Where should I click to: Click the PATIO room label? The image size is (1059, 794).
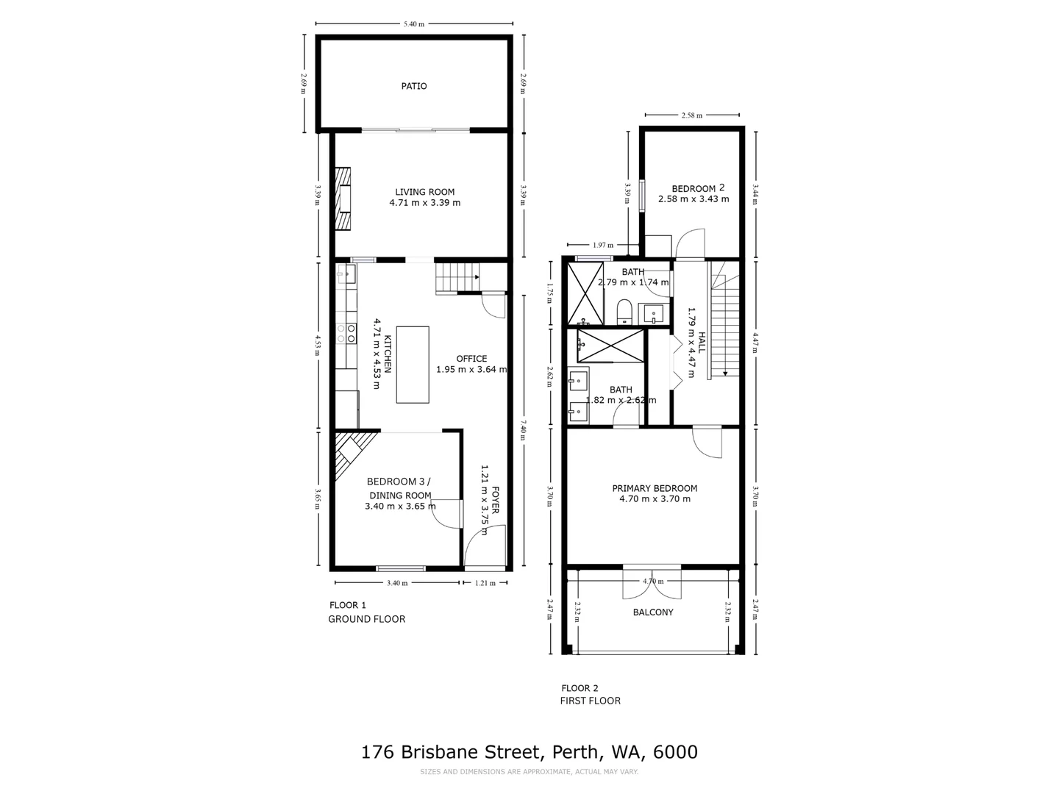click(x=413, y=86)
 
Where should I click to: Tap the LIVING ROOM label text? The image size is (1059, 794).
click(x=424, y=192)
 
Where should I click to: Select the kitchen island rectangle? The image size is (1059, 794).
click(x=413, y=365)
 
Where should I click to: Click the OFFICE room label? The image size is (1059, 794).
click(x=471, y=359)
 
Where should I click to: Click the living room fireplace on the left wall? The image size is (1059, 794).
click(x=343, y=199)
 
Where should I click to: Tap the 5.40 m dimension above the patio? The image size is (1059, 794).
click(x=414, y=24)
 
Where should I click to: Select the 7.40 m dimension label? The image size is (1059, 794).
click(x=523, y=431)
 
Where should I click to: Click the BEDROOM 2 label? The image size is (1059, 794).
click(x=693, y=188)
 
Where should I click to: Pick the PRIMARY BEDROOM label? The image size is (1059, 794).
click(x=655, y=488)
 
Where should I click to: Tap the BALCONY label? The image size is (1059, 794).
click(x=653, y=612)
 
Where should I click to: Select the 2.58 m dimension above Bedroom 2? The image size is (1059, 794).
click(x=691, y=115)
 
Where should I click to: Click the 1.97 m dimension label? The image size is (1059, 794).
click(x=603, y=245)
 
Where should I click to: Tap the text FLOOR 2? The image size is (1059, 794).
click(x=580, y=688)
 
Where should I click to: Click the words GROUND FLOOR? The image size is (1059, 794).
click(x=366, y=619)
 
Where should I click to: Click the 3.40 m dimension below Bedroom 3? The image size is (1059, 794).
click(x=397, y=583)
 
